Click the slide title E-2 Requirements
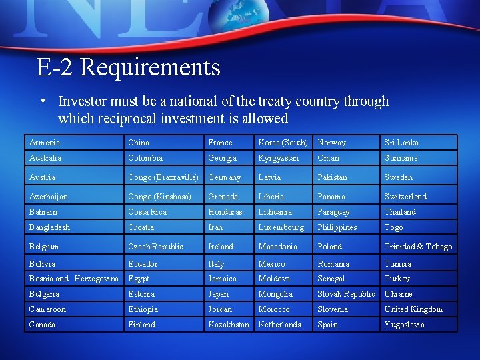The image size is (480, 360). point(128,67)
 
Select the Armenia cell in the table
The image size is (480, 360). point(45,143)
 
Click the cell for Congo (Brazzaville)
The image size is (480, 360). point(163,177)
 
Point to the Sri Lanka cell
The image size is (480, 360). point(401,143)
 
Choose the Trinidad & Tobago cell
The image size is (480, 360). point(418,247)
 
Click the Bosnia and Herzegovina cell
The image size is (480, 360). point(74,279)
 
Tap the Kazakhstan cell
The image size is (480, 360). point(229,325)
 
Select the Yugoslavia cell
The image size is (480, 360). point(404,325)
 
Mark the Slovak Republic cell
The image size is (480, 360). point(345,294)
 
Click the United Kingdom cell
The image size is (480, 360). point(413,309)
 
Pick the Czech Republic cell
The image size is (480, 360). point(155,247)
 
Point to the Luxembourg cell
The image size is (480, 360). point(281,227)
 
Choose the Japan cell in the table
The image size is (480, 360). point(218,294)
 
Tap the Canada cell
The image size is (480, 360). point(42,325)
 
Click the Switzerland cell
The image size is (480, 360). point(405,197)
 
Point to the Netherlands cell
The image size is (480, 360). point(279,325)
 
